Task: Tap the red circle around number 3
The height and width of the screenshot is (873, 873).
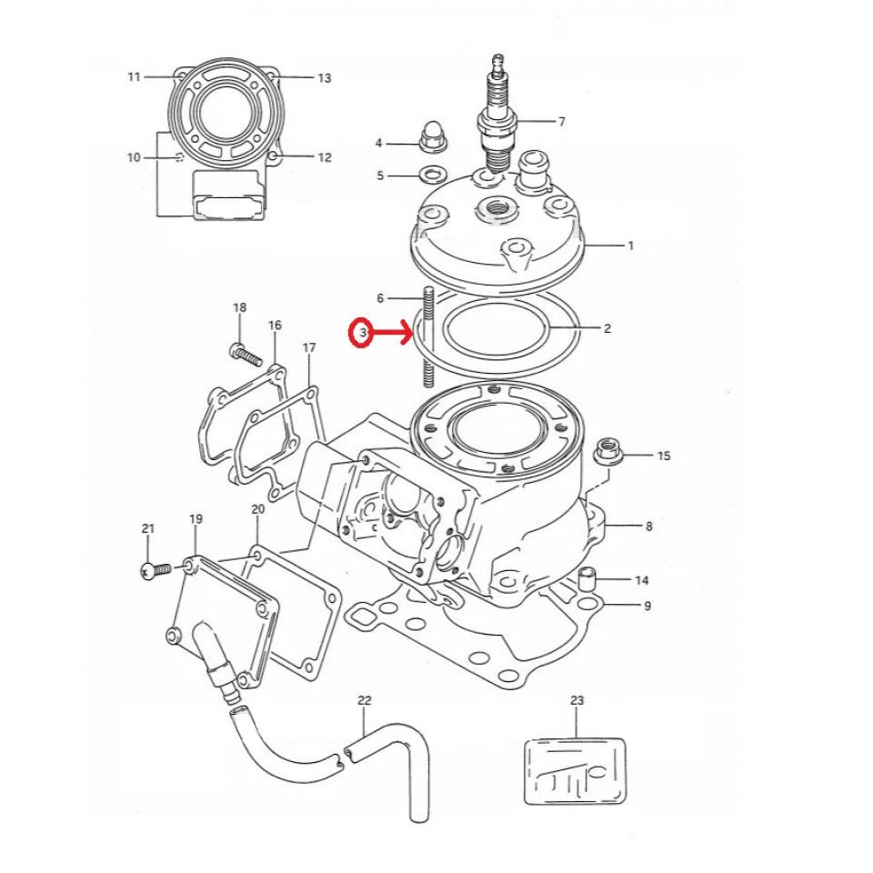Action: pos(362,334)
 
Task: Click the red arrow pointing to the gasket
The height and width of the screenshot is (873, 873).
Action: pos(393,334)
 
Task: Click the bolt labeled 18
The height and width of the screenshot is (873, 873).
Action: pos(240,349)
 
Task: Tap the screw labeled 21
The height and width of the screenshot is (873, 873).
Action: pos(156,569)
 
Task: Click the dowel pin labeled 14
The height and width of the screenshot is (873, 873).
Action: pos(588,578)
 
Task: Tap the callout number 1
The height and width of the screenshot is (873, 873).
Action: pos(630,246)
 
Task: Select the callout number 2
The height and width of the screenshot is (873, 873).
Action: pos(607,328)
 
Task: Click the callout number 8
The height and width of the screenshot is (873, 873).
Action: pos(647,526)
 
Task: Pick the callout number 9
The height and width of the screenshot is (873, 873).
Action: pos(647,606)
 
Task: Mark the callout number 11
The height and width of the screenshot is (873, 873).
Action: pos(135,77)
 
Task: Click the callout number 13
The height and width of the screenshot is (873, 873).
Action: pos(324,79)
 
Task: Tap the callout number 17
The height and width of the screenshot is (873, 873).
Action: pos(308,348)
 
